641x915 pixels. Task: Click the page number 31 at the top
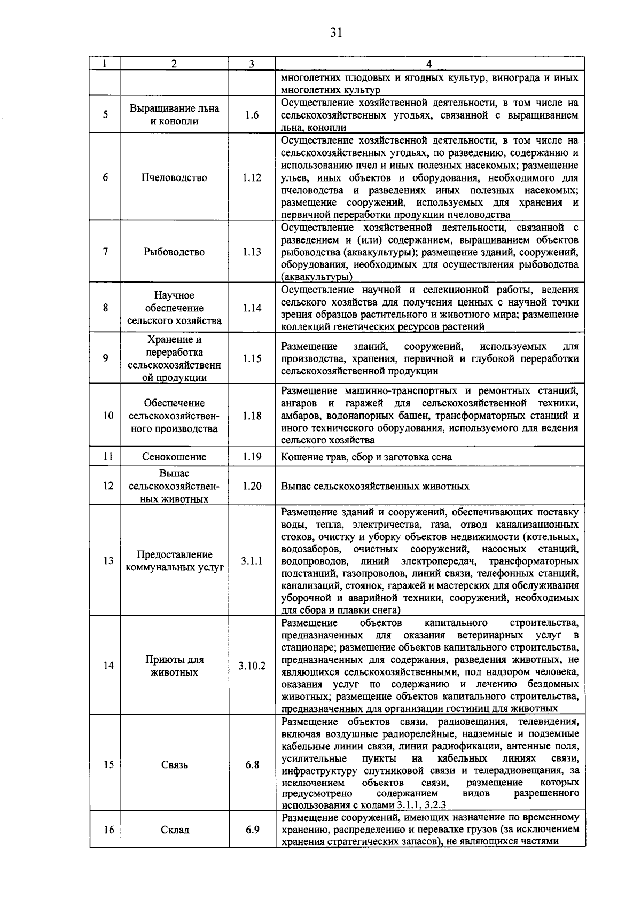pyautogui.click(x=335, y=33)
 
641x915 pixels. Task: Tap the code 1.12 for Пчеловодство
pyautogui.click(x=252, y=177)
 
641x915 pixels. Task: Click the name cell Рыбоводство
pyautogui.click(x=174, y=252)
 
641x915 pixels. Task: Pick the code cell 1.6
pyautogui.click(x=252, y=115)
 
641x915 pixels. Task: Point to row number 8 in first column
pyautogui.click(x=105, y=308)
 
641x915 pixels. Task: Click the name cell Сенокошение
pyautogui.click(x=174, y=457)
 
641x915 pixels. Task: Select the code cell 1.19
pyautogui.click(x=252, y=457)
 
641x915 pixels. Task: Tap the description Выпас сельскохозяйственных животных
pyautogui.click(x=375, y=486)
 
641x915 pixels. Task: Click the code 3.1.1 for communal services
pyautogui.click(x=252, y=561)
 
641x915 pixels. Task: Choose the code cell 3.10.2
pyautogui.click(x=252, y=666)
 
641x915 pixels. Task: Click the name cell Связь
pyautogui.click(x=174, y=765)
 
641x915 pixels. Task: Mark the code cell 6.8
pyautogui.click(x=252, y=765)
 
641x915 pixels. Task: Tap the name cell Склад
pyautogui.click(x=174, y=830)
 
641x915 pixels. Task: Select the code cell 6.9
pyautogui.click(x=252, y=830)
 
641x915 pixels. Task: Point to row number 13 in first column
pyautogui.click(x=108, y=561)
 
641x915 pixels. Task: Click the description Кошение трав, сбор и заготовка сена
pyautogui.click(x=366, y=457)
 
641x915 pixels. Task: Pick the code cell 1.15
pyautogui.click(x=252, y=358)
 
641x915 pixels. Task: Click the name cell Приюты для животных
pyautogui.click(x=174, y=666)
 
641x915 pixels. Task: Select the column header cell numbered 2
pyautogui.click(x=174, y=64)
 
